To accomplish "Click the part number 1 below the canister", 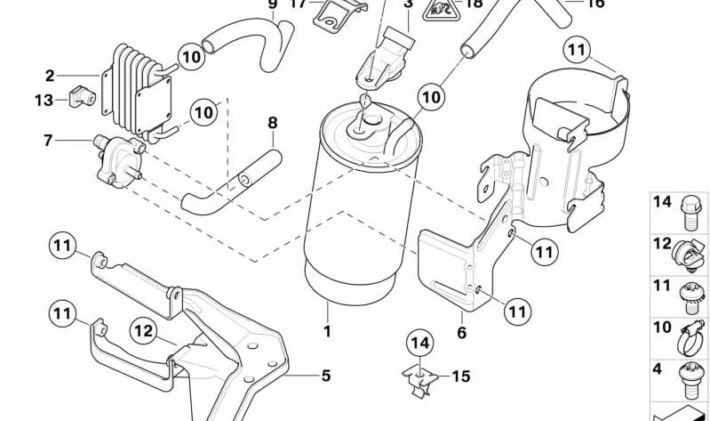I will pos(326,333).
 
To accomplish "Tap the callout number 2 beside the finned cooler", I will pos(50,76).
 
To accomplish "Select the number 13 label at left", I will pos(44,101).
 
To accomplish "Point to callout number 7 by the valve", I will pos(48,139).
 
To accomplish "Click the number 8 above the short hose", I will pos(272,122).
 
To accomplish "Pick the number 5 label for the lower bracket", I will pos(325,376).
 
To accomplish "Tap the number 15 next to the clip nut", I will pos(460,376).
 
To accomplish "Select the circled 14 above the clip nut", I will pos(419,342).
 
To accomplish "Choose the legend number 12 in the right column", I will pos(662,244).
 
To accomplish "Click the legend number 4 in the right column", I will pos(658,368).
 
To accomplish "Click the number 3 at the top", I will pos(408,4).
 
